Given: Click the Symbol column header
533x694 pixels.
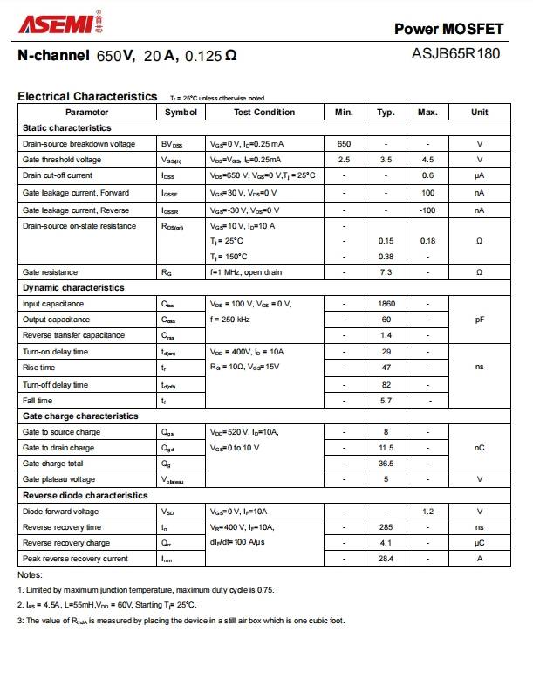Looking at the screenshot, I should click(x=181, y=113).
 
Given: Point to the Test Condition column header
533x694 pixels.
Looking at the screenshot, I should click(x=263, y=113).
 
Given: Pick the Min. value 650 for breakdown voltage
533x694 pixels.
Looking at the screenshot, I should click(x=344, y=144).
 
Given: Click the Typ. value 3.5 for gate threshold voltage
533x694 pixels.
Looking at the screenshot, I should click(x=386, y=160).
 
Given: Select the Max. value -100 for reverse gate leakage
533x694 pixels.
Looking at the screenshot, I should click(x=427, y=210).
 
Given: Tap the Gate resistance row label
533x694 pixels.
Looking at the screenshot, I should click(x=49, y=272).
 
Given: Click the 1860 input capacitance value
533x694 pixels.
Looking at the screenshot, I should click(x=386, y=304).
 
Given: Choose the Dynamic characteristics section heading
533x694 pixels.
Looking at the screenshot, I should click(x=73, y=288).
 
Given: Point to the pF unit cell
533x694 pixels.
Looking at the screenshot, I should click(x=479, y=320).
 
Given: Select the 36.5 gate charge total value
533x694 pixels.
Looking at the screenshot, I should click(x=386, y=464).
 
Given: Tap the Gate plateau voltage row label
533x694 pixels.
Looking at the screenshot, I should click(x=58, y=479).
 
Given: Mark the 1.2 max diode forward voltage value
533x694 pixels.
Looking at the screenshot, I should click(x=427, y=512).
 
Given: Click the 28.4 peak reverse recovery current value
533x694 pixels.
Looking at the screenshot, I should click(x=386, y=559).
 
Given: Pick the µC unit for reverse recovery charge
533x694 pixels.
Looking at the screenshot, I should click(x=479, y=543).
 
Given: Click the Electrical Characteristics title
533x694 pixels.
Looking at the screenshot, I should click(x=87, y=97).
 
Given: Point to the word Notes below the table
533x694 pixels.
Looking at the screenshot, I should click(x=30, y=575).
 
